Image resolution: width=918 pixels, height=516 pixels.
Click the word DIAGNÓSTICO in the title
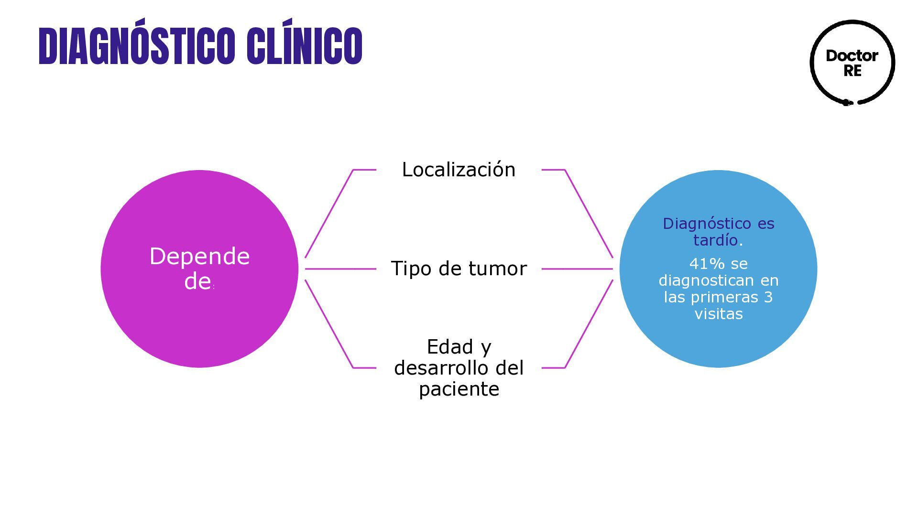136,46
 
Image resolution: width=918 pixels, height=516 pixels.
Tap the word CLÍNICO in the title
305,46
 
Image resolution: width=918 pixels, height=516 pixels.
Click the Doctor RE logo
852,63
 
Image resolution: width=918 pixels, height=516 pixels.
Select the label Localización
459,170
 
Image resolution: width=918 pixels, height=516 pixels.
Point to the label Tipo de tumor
459,269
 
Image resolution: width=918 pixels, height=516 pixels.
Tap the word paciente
459,389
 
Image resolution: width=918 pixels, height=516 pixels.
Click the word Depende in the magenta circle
199,257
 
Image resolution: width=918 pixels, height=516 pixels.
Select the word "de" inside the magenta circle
197,281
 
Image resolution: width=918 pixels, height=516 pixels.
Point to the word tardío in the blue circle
715,240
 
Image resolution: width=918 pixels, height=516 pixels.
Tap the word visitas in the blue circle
719,314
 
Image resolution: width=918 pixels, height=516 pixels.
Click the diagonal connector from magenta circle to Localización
329,214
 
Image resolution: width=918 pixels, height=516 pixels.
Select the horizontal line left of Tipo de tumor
340,269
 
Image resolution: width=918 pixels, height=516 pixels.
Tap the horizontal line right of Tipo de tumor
577,269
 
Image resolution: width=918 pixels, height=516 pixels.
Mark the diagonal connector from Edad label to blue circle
589,324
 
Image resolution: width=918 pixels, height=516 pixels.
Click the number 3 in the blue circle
768,297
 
